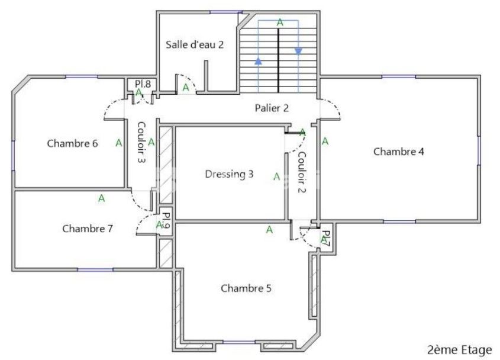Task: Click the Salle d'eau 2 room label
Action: click(x=194, y=44)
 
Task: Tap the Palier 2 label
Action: click(x=272, y=108)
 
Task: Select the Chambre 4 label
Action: click(x=398, y=152)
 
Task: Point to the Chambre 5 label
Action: click(x=246, y=288)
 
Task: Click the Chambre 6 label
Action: click(x=72, y=143)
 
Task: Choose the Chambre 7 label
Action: click(x=87, y=229)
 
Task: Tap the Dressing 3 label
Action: click(x=229, y=174)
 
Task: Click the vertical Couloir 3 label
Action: click(x=141, y=142)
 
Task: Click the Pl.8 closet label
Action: click(x=143, y=84)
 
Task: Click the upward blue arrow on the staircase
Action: click(x=259, y=60)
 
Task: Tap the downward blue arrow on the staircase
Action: click(x=298, y=51)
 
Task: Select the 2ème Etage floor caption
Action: click(x=460, y=349)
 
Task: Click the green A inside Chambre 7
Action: click(x=101, y=198)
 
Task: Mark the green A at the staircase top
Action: click(x=280, y=22)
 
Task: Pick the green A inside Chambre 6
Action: click(x=118, y=143)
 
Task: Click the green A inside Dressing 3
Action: click(x=276, y=176)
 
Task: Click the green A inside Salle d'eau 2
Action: click(x=186, y=88)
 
